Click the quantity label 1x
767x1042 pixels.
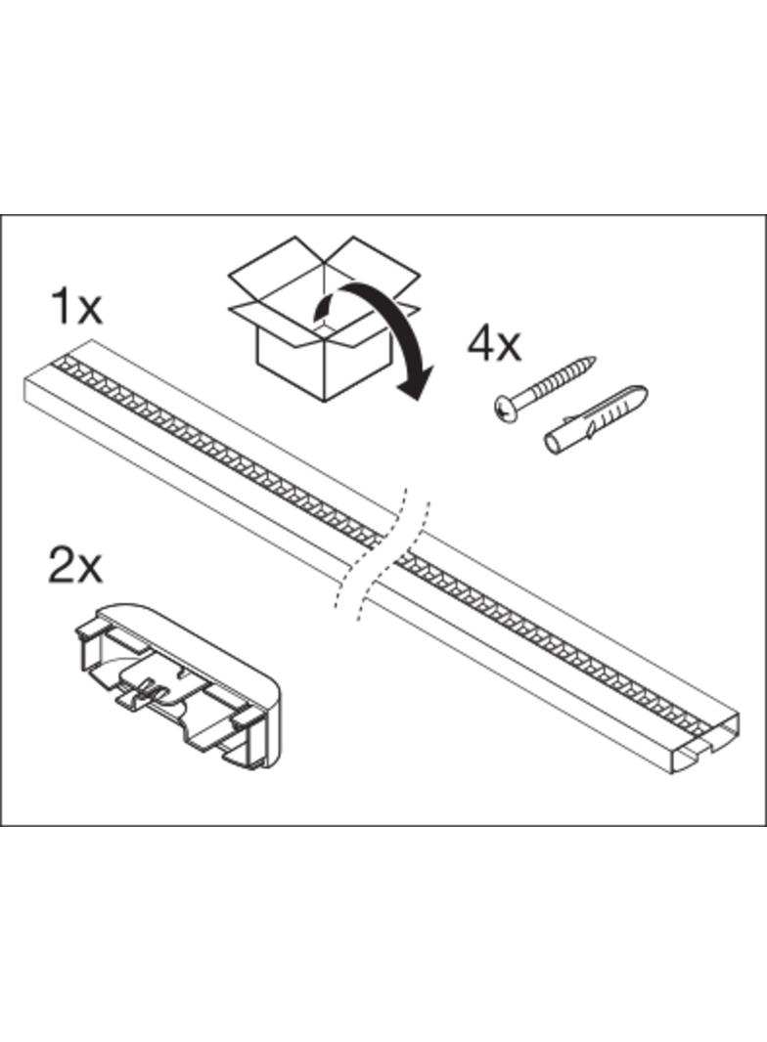coord(76,307)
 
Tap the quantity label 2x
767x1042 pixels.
coord(75,566)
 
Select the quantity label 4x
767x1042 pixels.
coord(494,344)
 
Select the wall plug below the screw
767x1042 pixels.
coord(595,421)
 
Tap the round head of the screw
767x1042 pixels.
coord(507,410)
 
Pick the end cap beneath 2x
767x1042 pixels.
coord(177,685)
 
